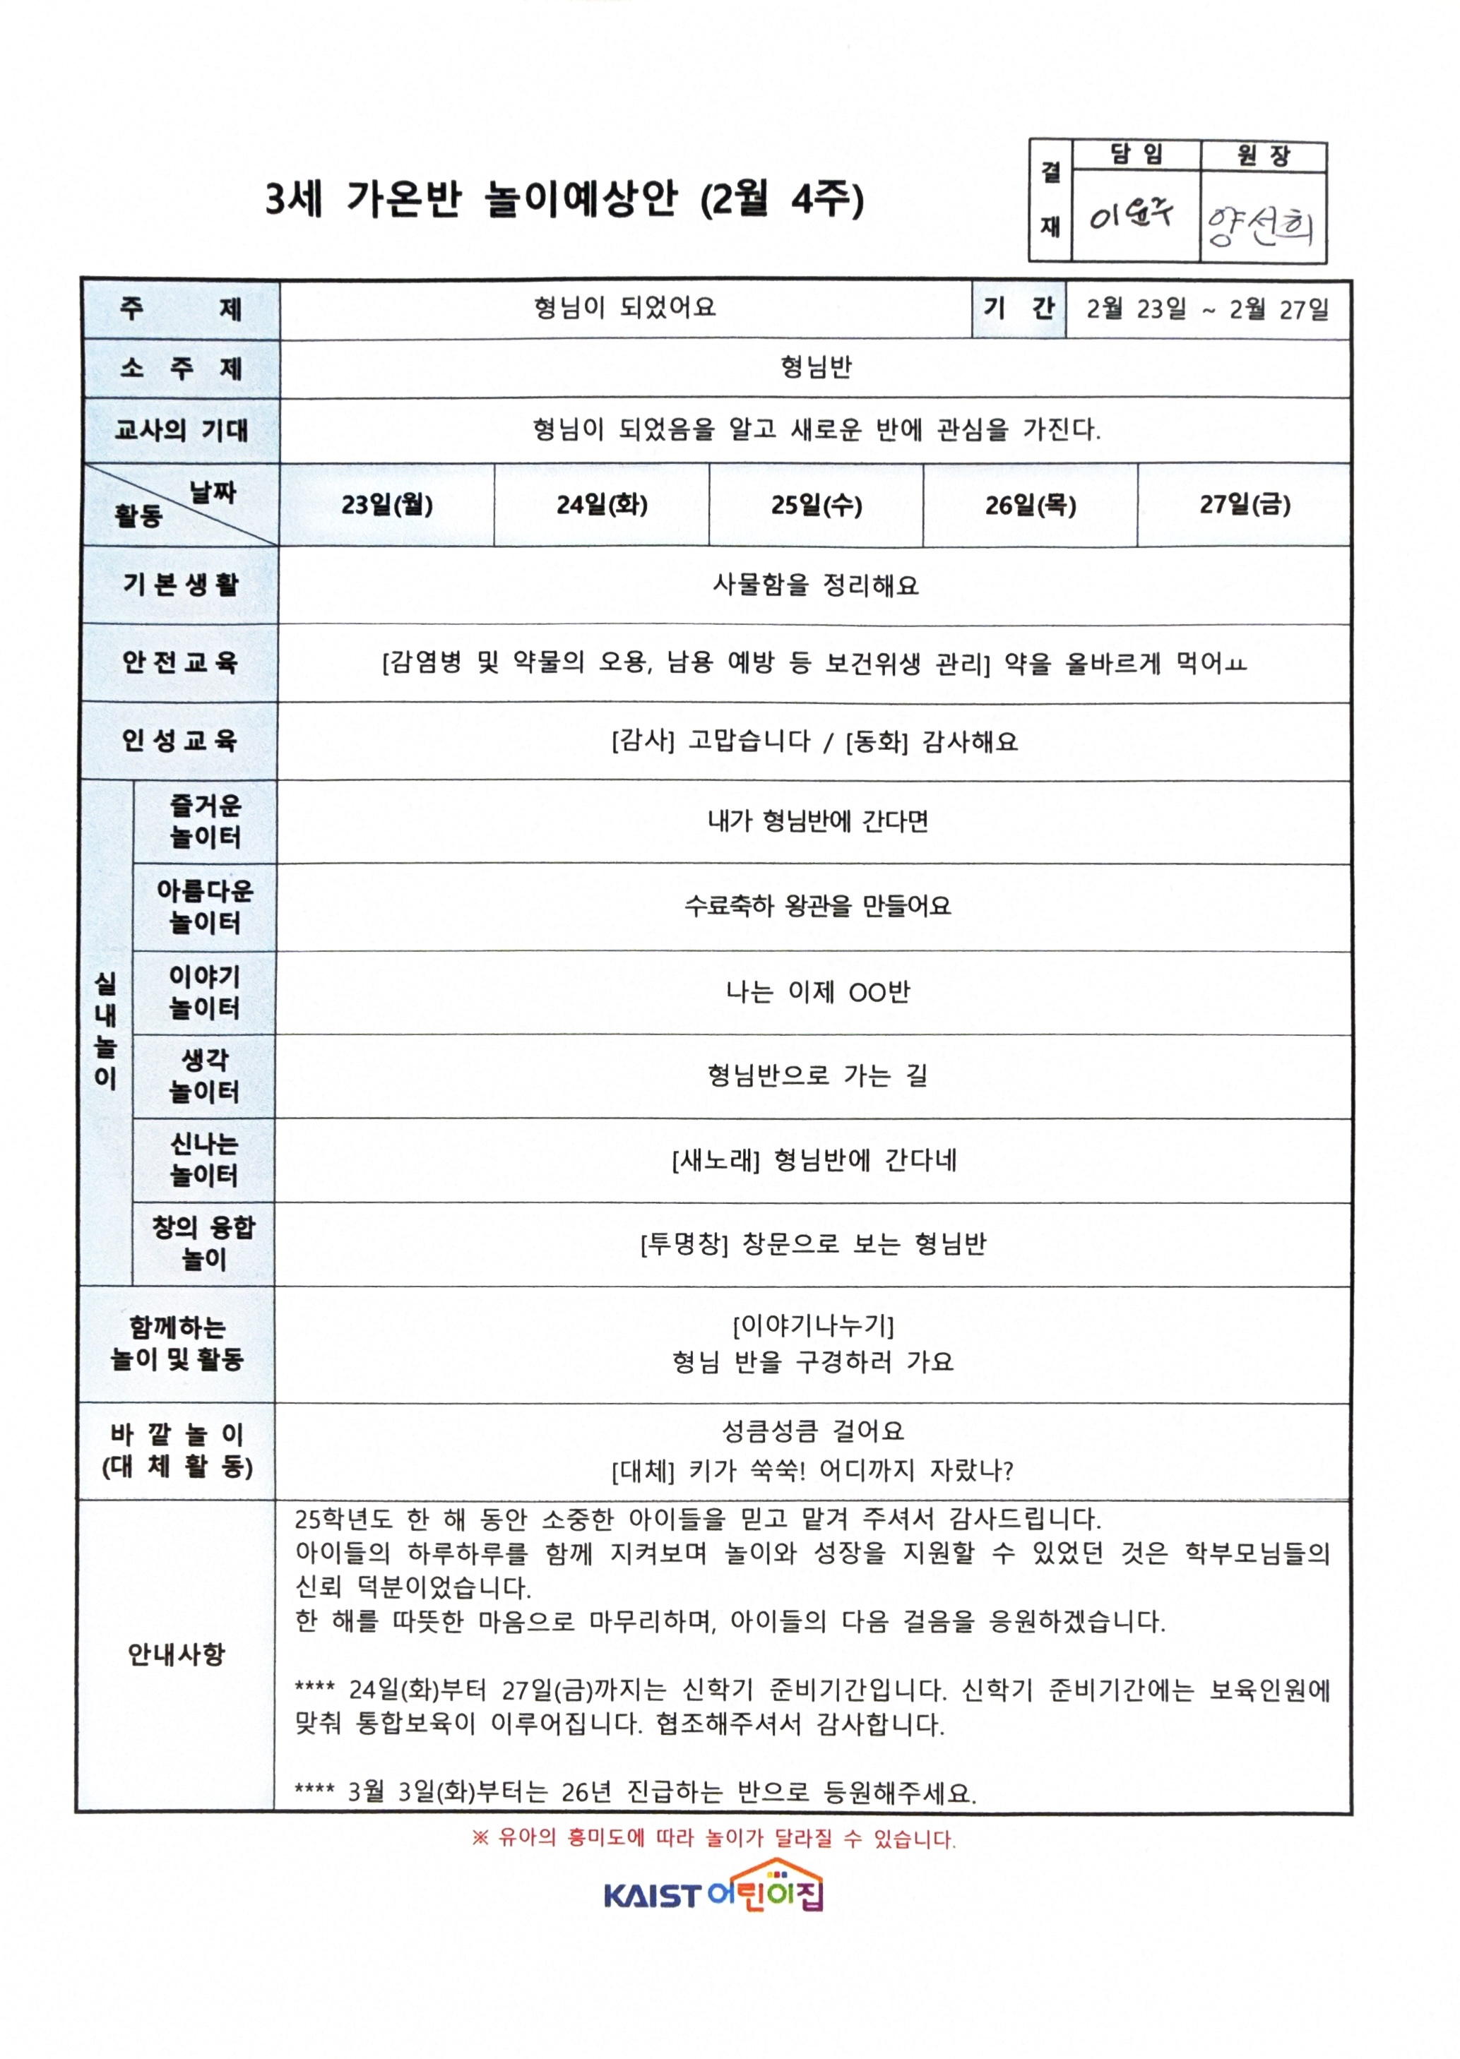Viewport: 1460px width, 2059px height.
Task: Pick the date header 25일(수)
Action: pos(817,505)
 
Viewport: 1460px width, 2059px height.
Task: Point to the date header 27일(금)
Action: pos(1245,505)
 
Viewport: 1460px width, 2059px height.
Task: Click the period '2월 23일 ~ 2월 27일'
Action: pos(1207,310)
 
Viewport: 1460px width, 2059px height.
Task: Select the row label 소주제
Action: pos(181,369)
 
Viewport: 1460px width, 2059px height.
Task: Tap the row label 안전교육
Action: pos(180,662)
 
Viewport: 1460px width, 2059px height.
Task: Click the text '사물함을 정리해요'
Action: pos(815,586)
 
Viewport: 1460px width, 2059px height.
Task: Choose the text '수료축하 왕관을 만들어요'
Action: pos(817,906)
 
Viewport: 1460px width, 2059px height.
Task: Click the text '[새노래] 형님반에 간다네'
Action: pos(814,1160)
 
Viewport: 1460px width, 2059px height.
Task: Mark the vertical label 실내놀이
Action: pos(105,1031)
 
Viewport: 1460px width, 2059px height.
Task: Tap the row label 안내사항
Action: pos(176,1654)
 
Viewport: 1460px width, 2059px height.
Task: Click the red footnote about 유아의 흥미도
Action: pos(714,1838)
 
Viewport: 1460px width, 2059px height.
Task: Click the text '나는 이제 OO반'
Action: pos(817,992)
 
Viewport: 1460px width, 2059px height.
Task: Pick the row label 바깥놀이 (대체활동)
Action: pos(177,1450)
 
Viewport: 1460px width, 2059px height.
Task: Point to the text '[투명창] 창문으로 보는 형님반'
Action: pos(814,1244)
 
